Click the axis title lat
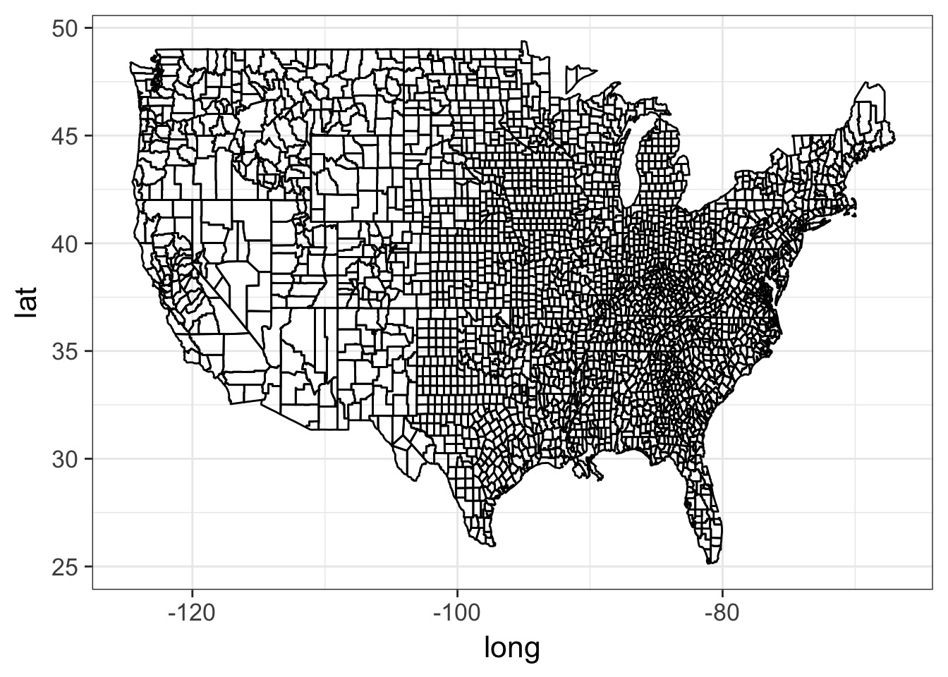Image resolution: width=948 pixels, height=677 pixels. click(x=28, y=308)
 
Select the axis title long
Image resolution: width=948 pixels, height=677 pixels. click(x=511, y=647)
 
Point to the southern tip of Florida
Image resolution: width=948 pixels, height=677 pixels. click(x=712, y=562)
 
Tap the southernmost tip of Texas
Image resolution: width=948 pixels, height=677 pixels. click(x=492, y=544)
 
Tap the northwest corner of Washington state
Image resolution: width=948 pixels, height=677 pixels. click(x=132, y=63)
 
